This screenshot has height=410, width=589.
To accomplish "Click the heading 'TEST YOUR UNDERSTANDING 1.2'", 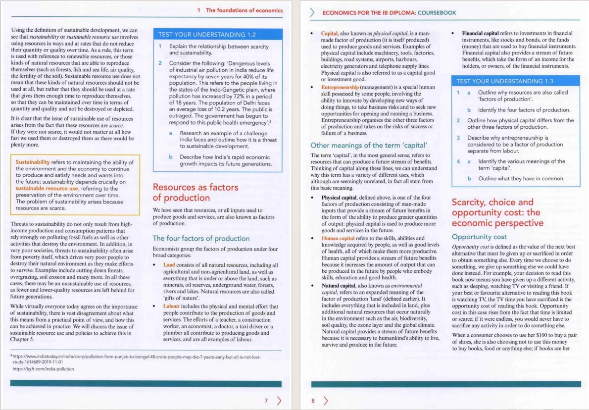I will coord(206,35).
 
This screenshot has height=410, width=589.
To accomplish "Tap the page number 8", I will coord(312,400).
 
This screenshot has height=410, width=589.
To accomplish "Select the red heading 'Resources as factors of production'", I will coord(196,193).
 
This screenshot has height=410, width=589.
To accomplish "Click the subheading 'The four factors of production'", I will coord(201,238).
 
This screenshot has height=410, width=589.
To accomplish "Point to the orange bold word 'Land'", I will coord(169,265).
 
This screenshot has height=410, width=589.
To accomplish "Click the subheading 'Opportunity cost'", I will coord(479,237).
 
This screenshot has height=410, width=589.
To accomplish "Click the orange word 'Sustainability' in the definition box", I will coord(33,162).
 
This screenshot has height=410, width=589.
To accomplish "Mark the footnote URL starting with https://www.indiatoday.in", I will coord(134,357).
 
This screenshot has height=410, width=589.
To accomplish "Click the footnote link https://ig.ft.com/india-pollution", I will coord(43,369).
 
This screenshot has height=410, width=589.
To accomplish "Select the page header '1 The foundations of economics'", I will coord(240,10).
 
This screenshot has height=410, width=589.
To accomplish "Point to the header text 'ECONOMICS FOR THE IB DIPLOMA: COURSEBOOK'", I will coord(389,12).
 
